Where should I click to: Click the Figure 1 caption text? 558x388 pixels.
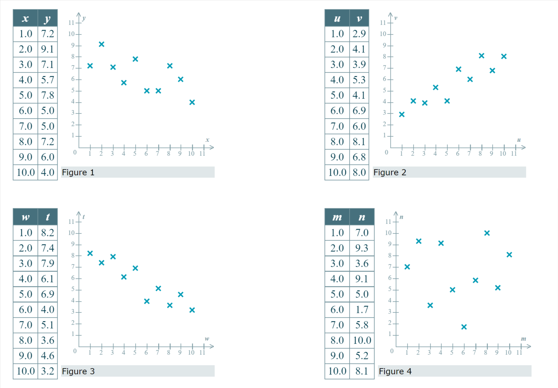click(78, 172)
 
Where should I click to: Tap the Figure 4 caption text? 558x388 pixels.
click(395, 371)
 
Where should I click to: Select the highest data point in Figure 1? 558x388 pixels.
click(101, 44)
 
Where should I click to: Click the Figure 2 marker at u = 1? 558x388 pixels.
click(402, 114)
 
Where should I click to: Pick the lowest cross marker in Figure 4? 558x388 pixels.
click(464, 327)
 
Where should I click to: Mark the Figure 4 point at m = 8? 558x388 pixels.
click(487, 233)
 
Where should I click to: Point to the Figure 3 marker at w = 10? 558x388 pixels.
click(192, 310)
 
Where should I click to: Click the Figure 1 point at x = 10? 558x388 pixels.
click(192, 102)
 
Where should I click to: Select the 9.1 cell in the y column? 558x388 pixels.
click(48, 49)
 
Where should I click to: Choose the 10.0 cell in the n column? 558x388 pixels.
click(362, 340)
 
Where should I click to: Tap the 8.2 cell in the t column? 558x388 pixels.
click(48, 232)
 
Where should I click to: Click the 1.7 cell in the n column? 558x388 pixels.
click(362, 309)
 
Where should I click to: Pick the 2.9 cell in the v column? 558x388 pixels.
click(359, 33)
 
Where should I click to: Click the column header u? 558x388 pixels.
click(337, 18)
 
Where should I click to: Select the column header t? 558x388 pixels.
click(48, 217)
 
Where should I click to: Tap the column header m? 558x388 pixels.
click(337, 217)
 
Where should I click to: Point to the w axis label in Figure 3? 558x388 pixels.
click(207, 339)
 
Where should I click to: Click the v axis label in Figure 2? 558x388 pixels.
click(396, 18)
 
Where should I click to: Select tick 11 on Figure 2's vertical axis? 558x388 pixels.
click(383, 23)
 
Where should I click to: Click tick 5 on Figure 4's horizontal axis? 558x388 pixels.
click(452, 352)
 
